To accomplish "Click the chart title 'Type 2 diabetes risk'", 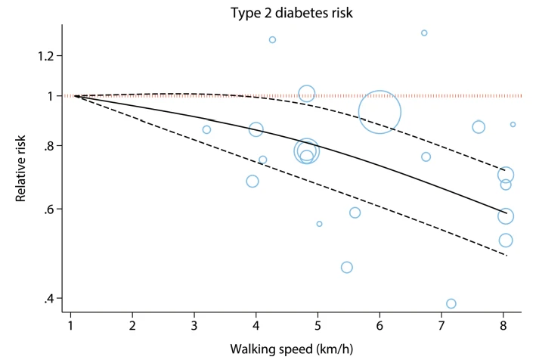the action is (292, 13).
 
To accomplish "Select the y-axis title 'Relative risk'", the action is (20, 169).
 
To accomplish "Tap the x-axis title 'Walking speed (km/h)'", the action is (292, 349).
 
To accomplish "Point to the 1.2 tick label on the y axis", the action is (45, 56).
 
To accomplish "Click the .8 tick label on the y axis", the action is (49, 147).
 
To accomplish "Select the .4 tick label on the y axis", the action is (49, 299).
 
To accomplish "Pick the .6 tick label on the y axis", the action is (49, 209).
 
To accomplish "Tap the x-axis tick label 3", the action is (194, 325).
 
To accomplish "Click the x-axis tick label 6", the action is (379, 325).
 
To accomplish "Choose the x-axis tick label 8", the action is (503, 325).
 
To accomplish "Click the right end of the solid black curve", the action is (506, 213).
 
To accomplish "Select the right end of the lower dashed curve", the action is (506, 256).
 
